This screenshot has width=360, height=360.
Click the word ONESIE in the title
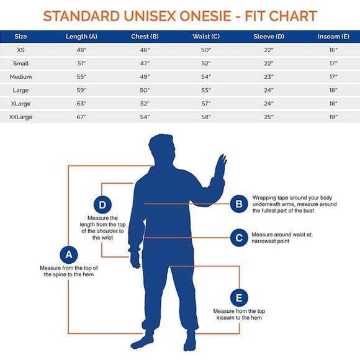click(205, 16)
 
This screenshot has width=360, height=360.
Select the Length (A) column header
click(81, 37)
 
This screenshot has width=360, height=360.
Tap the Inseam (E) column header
click(333, 37)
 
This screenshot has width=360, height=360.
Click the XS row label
click(20, 50)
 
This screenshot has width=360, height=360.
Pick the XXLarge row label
click(20, 117)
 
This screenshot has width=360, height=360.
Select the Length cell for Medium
click(81, 77)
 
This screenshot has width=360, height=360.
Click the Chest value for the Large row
click(145, 90)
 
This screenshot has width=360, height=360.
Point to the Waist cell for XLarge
click(206, 104)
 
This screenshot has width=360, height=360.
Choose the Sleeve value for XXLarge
click(269, 117)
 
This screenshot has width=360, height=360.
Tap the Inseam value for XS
click(333, 50)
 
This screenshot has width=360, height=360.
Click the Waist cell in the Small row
click(206, 63)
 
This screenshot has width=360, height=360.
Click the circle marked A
click(69, 254)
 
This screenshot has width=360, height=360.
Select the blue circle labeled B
click(239, 204)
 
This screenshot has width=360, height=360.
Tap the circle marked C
click(239, 238)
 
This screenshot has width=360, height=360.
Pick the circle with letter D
click(102, 205)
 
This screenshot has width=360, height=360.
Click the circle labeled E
click(239, 298)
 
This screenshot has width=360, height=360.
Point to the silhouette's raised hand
click(220, 166)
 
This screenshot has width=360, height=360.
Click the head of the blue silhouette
click(161, 149)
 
